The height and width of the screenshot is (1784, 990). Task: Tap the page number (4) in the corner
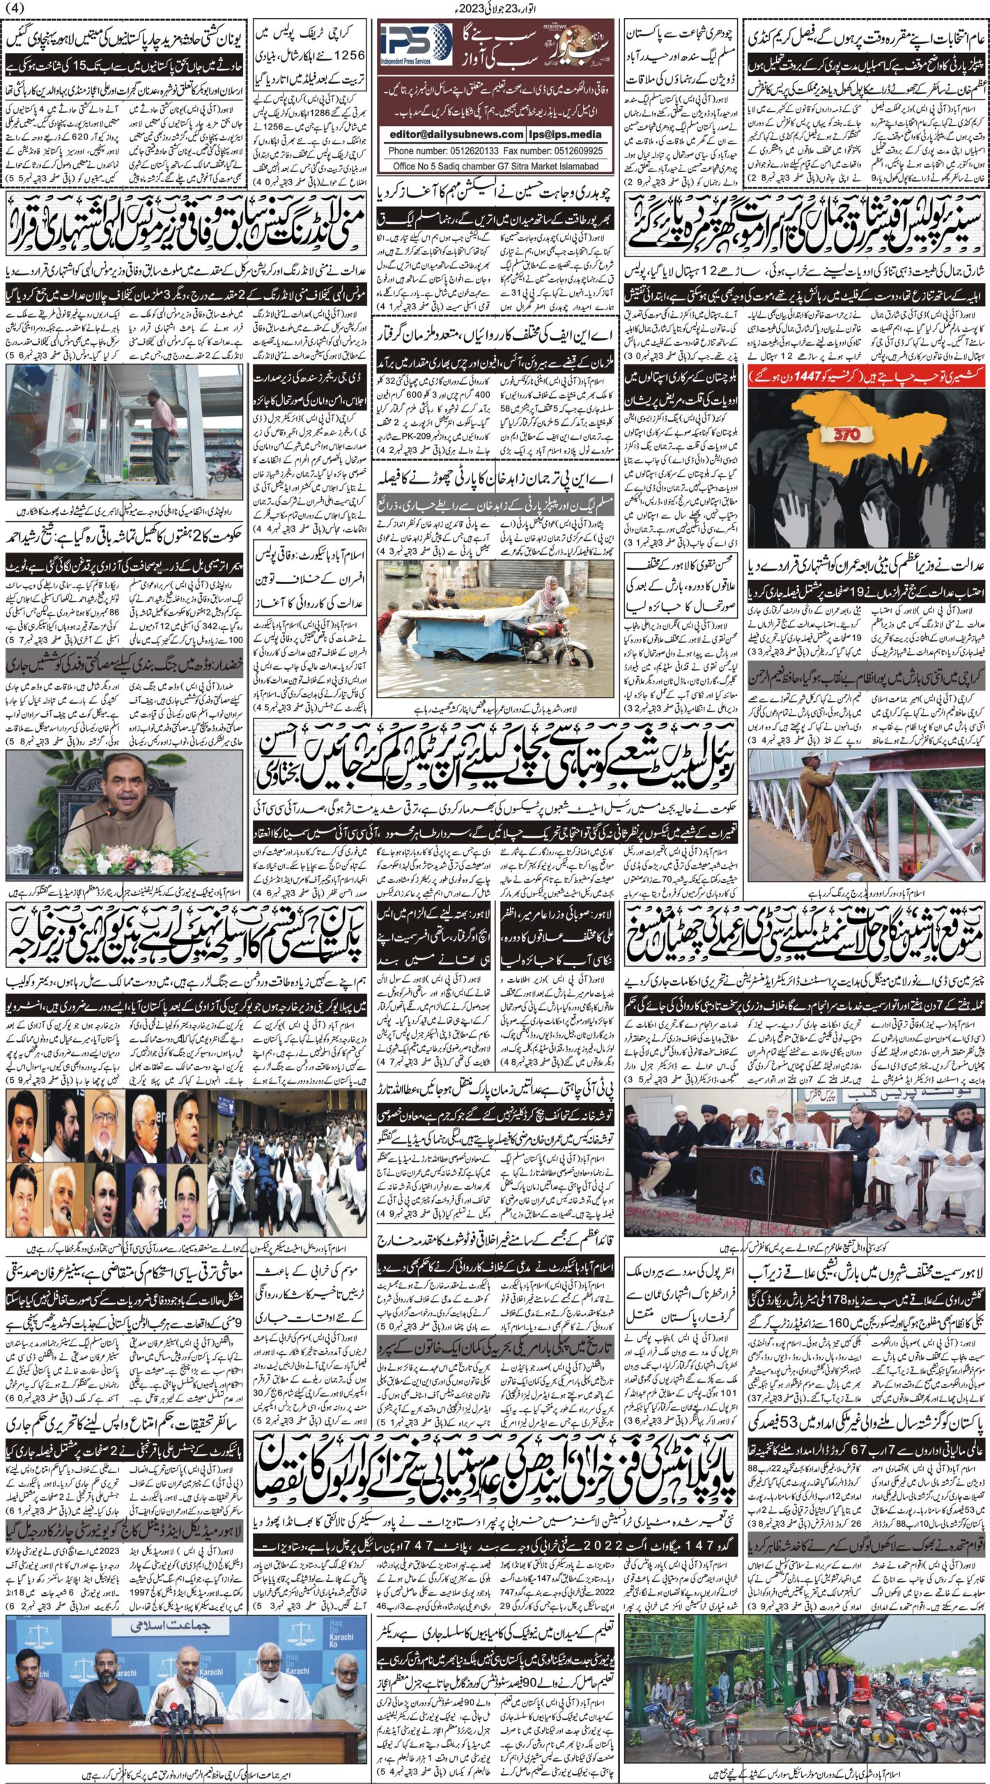click(x=15, y=8)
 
